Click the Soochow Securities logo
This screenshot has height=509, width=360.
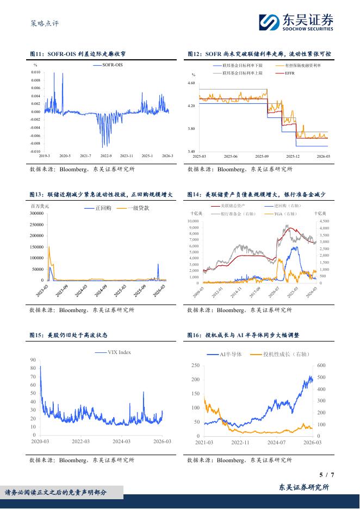tap(296, 22)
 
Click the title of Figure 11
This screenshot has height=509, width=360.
tap(78, 54)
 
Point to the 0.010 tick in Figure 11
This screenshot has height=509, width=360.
tap(35, 72)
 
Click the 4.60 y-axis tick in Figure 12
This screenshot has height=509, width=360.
tap(191, 83)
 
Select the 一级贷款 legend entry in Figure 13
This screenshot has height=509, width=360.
tap(137, 208)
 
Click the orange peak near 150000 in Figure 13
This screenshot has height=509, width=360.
tap(49, 247)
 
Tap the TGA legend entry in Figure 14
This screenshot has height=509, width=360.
tap(288, 214)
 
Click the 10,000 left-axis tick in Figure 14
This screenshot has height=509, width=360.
tap(194, 221)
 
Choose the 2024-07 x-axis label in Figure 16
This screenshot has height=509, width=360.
tap(276, 443)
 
